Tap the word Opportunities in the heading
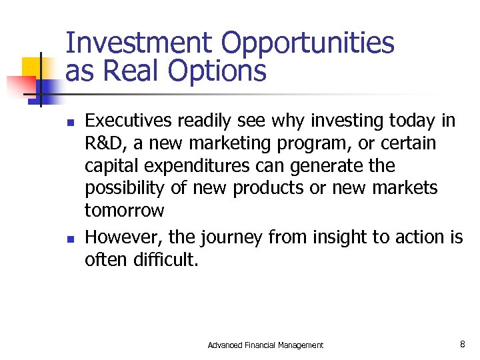(x=307, y=43)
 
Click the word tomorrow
(x=124, y=211)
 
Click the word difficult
(x=165, y=259)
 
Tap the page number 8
(x=462, y=344)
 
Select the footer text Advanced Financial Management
(x=265, y=345)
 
